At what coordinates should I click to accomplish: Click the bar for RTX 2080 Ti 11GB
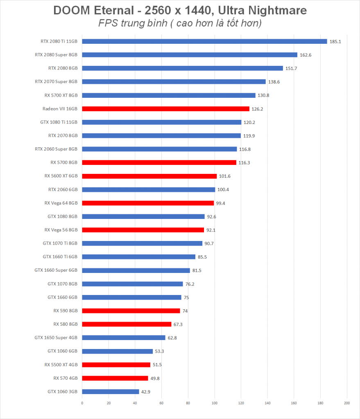pos(205,41)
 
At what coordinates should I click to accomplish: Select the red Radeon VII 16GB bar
pos(165,109)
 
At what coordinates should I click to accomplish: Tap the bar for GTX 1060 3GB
pos(111,392)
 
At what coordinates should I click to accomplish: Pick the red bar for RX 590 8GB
pos(131,311)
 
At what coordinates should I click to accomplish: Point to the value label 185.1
pos(335,42)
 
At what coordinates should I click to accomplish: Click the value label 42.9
pos(146,392)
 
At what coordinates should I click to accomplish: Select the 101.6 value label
pos(225,176)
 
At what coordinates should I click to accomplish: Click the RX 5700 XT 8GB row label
pos(61,95)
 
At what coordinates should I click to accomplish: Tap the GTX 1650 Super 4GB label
pos(56,338)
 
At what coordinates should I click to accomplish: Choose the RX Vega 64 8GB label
pos(61,203)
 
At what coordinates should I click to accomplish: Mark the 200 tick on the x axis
pos(347,403)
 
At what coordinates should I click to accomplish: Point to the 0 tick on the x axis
pos(82,403)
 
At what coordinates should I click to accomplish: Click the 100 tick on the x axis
pos(215,403)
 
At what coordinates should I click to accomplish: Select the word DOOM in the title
pos(72,10)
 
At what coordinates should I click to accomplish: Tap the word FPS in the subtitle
pos(108,23)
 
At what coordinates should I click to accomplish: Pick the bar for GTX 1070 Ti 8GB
pos(142,243)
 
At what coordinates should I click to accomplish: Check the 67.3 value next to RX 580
pos(178,324)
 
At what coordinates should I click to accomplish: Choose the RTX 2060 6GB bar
pos(148,189)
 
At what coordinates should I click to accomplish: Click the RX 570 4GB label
pos(66,378)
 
